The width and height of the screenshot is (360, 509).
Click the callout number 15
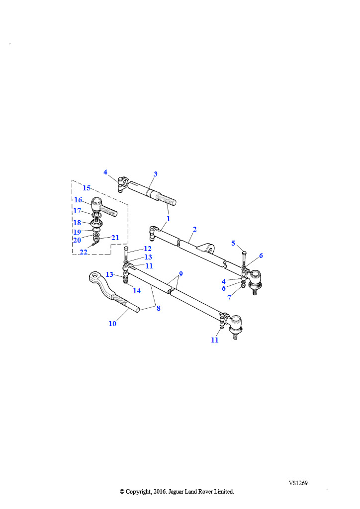(x=87, y=188)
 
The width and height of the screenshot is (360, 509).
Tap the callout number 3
(x=156, y=174)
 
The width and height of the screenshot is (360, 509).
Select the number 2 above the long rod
(x=195, y=229)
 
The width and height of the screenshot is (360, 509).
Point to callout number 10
(x=112, y=324)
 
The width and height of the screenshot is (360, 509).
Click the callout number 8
(x=159, y=308)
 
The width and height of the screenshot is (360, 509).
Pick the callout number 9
(x=181, y=274)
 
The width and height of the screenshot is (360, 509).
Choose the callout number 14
(x=137, y=291)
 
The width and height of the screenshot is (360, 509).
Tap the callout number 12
(x=148, y=249)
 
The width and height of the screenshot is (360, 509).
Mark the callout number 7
(x=229, y=298)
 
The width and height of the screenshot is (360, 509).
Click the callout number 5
(x=233, y=243)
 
